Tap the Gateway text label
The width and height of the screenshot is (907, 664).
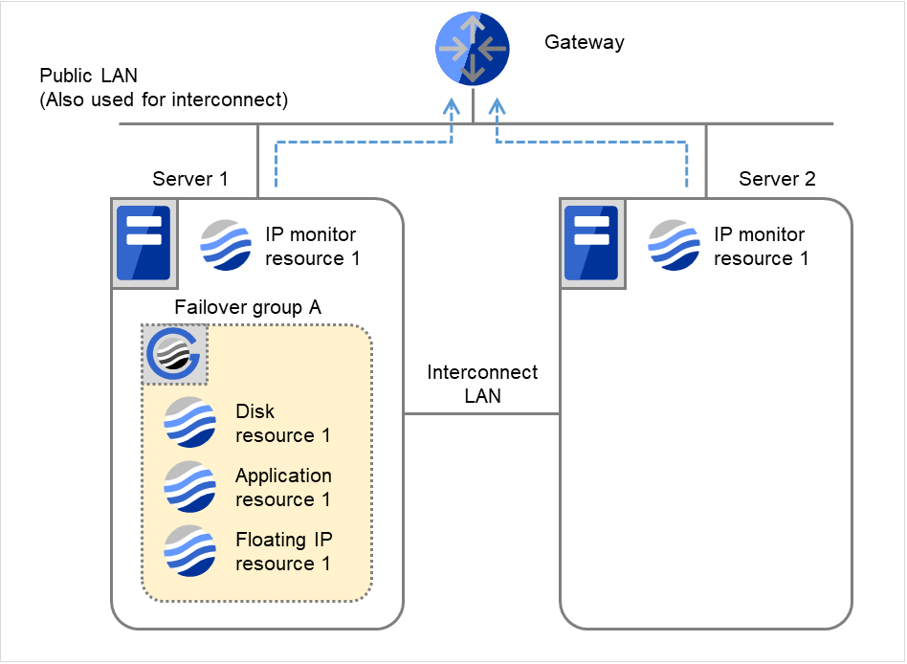tap(584, 42)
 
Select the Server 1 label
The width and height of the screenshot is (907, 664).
tap(190, 179)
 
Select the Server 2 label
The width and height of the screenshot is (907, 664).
tap(777, 179)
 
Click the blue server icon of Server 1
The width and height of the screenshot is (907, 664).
tap(143, 243)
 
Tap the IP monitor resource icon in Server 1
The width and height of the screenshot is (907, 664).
tap(227, 246)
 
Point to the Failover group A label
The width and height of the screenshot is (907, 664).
tap(248, 307)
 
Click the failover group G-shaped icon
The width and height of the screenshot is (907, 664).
tap(175, 355)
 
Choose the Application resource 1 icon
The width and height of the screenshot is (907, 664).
tap(189, 487)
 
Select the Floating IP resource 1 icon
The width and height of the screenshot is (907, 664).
tap(189, 551)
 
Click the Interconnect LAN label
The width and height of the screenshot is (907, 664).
tap(482, 384)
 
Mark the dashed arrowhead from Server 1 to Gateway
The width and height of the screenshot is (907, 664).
tap(451, 107)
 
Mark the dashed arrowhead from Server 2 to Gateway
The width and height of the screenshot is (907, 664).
tap(497, 107)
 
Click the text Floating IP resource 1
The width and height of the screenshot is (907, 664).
tap(283, 551)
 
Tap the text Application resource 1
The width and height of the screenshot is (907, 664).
tap(283, 487)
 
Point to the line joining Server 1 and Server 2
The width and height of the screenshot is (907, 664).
tap(481, 414)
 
